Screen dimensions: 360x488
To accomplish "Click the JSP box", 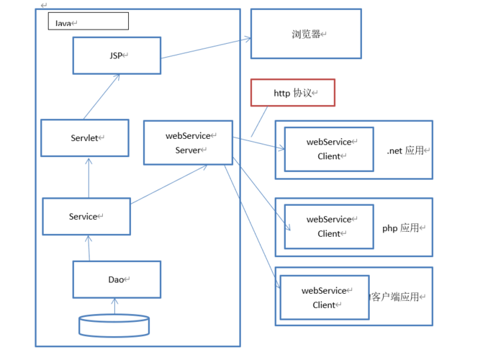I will tap(117, 55).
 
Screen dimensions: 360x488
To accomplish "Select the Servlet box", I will tap(85, 138).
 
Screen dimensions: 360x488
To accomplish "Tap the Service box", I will tap(86, 216).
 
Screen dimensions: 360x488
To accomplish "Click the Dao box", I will tap(117, 279).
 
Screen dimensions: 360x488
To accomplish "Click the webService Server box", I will tap(188, 143).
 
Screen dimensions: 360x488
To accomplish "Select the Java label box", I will tap(88, 22).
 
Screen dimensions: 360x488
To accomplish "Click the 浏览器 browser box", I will tap(306, 34).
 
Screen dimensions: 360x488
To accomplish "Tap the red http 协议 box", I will tap(292, 93).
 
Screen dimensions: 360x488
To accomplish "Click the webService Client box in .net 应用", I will tap(329, 149).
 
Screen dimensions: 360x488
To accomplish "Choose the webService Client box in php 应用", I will tap(329, 226).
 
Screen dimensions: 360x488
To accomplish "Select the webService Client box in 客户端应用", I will tap(324, 297).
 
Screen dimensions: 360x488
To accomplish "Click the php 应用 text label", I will tap(400, 228).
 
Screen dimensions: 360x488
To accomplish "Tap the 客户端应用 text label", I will tap(396, 297).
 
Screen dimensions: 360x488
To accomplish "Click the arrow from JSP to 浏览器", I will tap(205, 48).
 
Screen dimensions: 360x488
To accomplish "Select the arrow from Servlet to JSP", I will tap(101, 96).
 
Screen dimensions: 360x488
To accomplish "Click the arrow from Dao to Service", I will tap(89, 248).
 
